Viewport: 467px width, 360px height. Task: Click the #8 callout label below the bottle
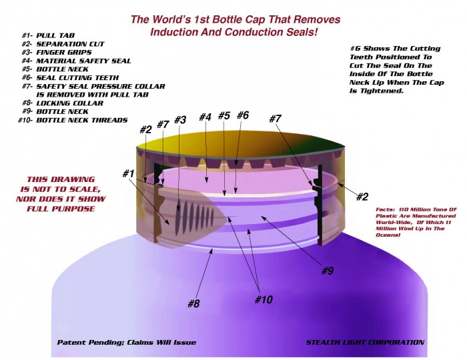click(x=193, y=303)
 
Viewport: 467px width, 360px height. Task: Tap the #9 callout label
click(x=328, y=271)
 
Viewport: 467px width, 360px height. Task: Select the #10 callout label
click(x=264, y=299)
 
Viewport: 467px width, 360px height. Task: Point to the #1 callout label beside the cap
click(x=129, y=173)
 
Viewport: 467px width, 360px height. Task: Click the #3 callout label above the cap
click(x=180, y=120)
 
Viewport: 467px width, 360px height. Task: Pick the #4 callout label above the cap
click(x=205, y=117)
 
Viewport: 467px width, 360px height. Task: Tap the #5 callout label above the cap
click(x=224, y=115)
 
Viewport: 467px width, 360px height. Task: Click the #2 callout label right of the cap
click(x=362, y=197)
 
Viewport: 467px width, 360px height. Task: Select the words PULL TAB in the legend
click(x=55, y=35)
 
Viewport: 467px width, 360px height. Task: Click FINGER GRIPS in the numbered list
click(x=64, y=53)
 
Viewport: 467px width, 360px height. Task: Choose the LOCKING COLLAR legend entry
click(x=69, y=103)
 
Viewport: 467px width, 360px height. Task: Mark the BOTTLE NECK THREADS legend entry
click(x=82, y=120)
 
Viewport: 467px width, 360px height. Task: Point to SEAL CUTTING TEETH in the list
click(x=77, y=78)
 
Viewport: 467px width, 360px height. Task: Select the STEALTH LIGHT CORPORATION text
click(x=365, y=343)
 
